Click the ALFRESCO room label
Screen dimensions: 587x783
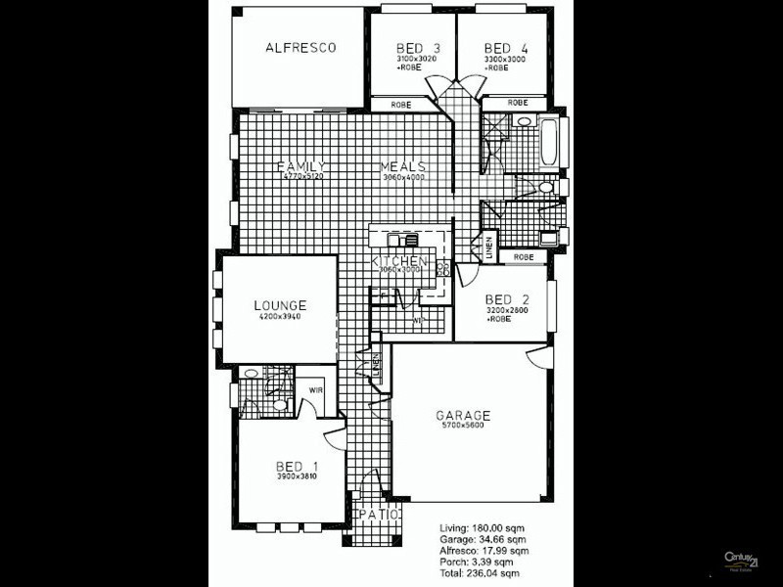[x=301, y=47]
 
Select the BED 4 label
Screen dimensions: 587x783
[x=499, y=48]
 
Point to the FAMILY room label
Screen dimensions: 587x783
[x=299, y=166]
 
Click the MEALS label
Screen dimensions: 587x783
[x=403, y=166]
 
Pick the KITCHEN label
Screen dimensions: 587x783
[x=399, y=261]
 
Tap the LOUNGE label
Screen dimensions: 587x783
[x=281, y=306]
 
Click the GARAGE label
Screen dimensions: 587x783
[x=463, y=416]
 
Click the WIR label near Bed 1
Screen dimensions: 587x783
[x=315, y=388]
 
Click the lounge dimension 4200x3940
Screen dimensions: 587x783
[x=281, y=318]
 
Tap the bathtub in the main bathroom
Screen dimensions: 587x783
[x=547, y=143]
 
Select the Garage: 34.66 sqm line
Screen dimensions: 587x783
[x=484, y=540]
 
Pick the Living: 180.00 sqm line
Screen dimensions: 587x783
[x=483, y=528]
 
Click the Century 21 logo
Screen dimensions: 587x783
[x=741, y=561]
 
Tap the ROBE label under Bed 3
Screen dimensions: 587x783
[x=400, y=104]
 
